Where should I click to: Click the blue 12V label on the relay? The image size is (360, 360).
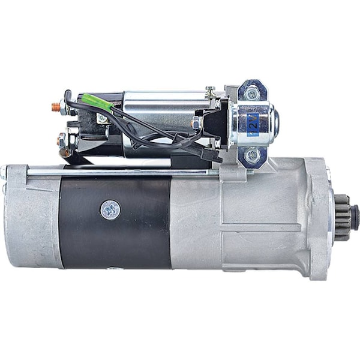253,124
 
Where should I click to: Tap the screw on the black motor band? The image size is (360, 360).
110,209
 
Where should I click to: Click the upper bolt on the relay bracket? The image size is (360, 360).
251,92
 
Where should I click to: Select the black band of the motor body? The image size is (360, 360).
114,222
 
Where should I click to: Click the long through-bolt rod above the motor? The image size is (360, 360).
120,173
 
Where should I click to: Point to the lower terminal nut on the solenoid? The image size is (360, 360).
62,143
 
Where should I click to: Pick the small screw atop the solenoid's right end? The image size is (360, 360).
210,91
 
